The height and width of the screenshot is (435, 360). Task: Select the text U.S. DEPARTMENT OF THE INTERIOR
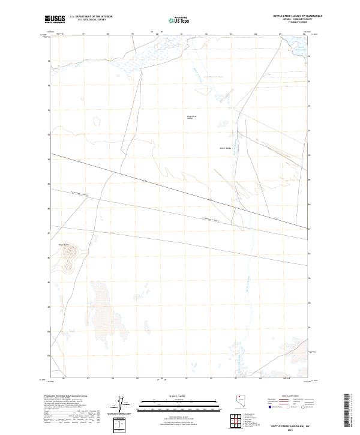click(x=91, y=17)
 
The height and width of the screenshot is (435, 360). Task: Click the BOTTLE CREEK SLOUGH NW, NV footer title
click(x=290, y=425)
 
